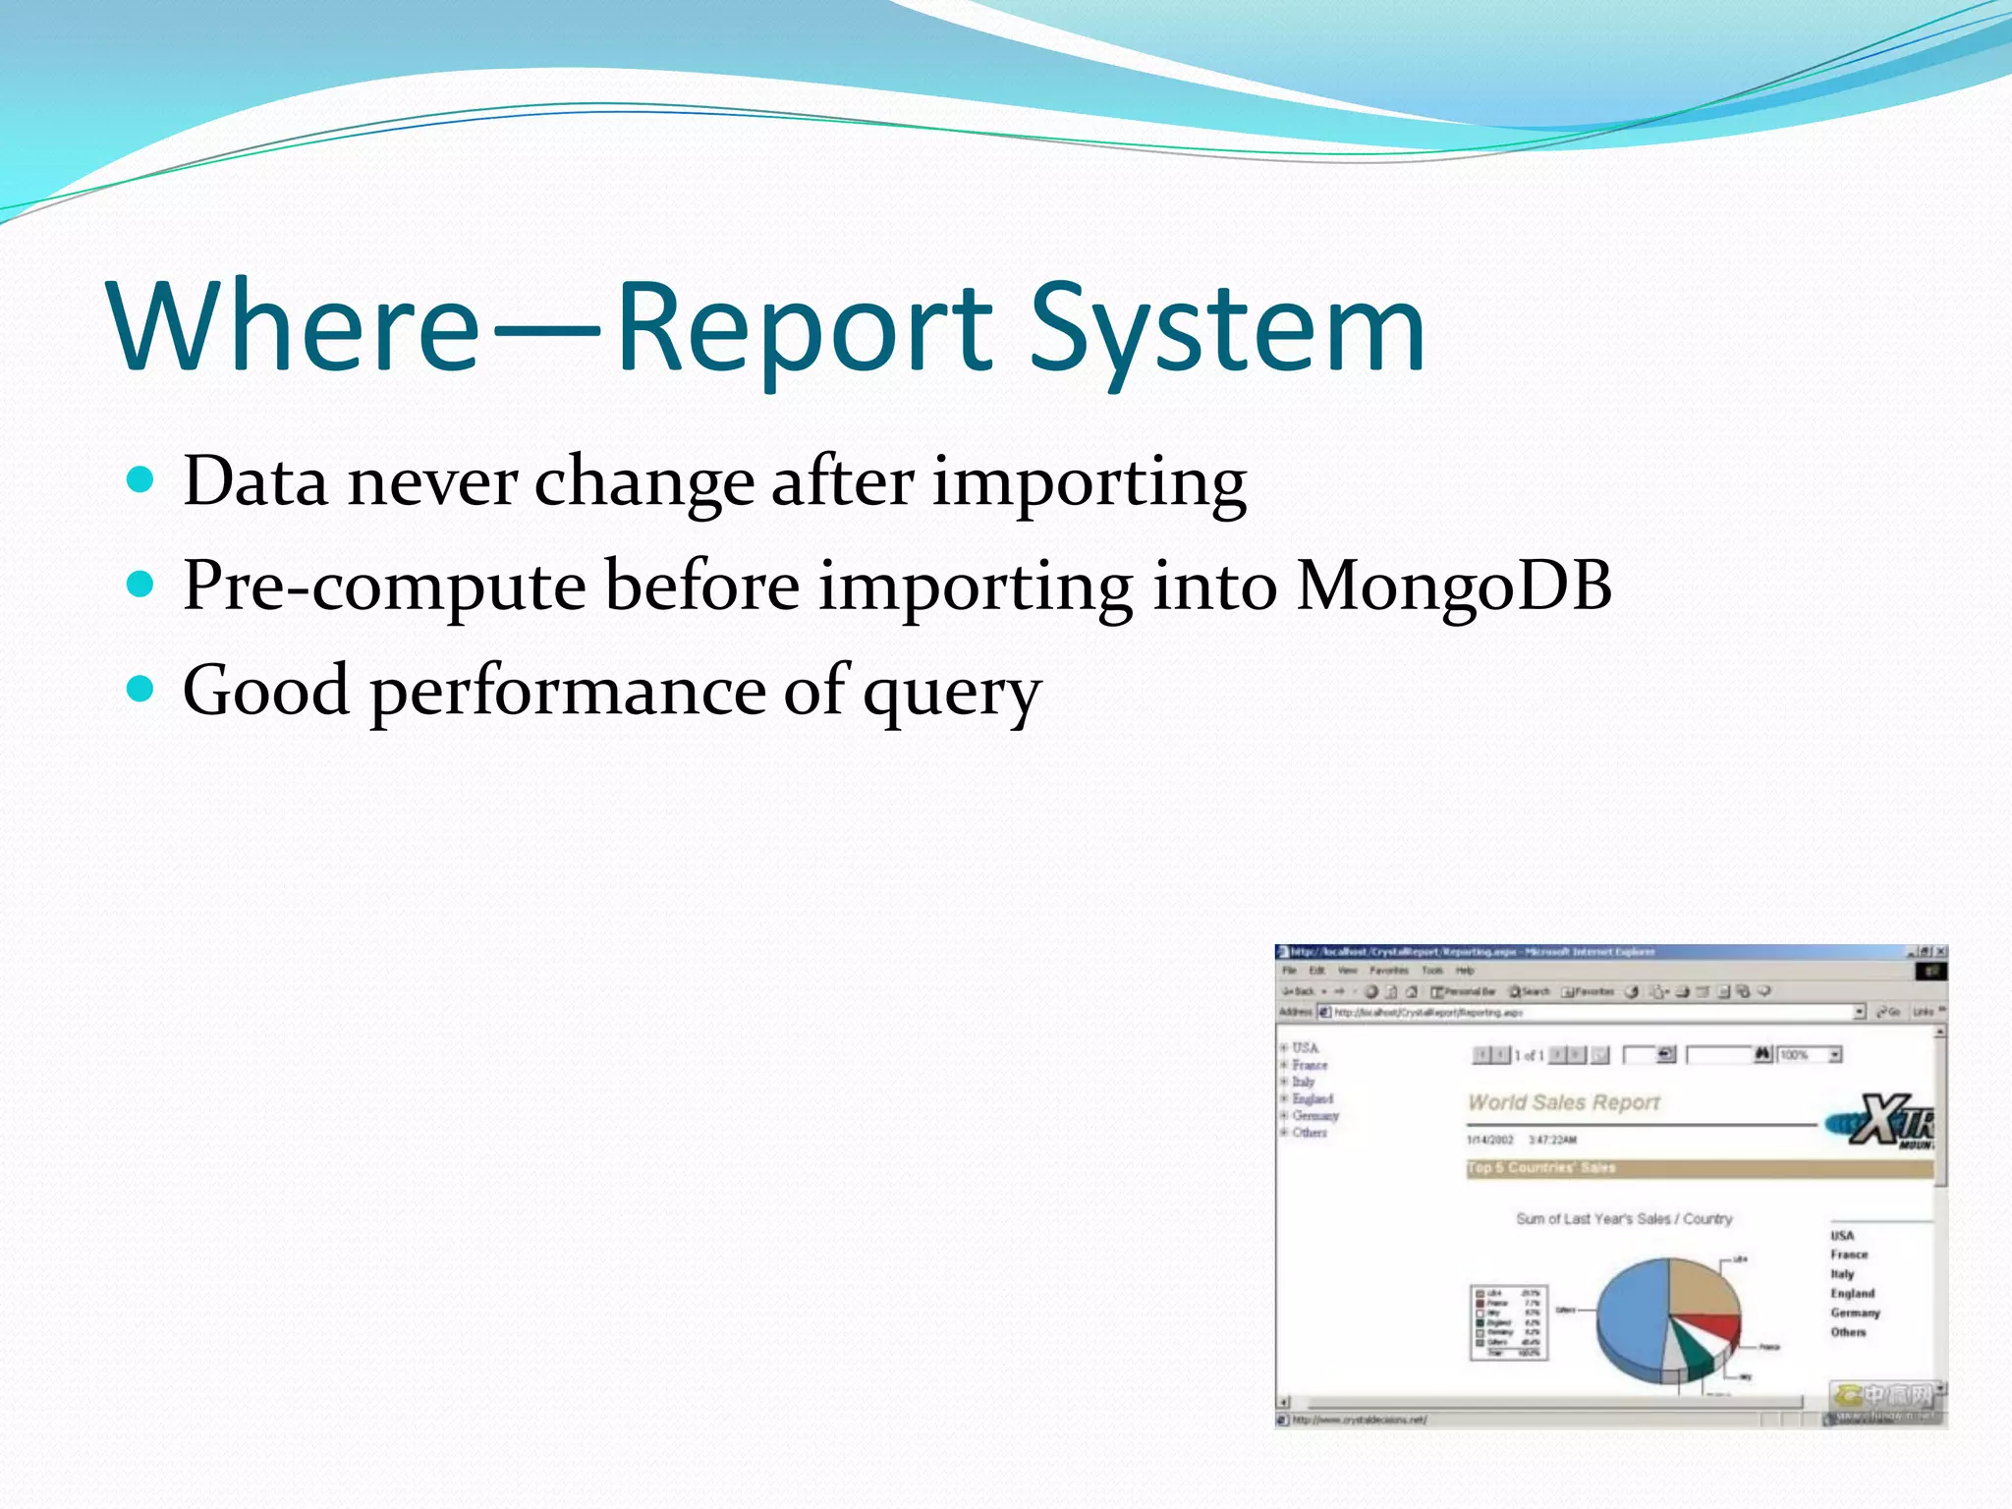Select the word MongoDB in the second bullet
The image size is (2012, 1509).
coord(1453,587)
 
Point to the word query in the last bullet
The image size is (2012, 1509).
coord(951,694)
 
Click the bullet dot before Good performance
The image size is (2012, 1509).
coord(141,689)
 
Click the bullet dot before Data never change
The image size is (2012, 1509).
coord(141,479)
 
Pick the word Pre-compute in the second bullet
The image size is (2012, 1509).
coord(384,587)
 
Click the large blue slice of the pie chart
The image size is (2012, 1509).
coord(1631,1316)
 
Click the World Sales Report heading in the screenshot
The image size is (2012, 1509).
coord(1563,1102)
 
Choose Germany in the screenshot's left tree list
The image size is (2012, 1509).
coord(1314,1115)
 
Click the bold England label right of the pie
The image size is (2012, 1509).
coord(1852,1293)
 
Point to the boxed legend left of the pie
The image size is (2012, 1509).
coord(1509,1322)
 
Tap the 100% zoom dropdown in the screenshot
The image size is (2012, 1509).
coord(1809,1054)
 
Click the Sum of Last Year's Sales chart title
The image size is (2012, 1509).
coord(1623,1218)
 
